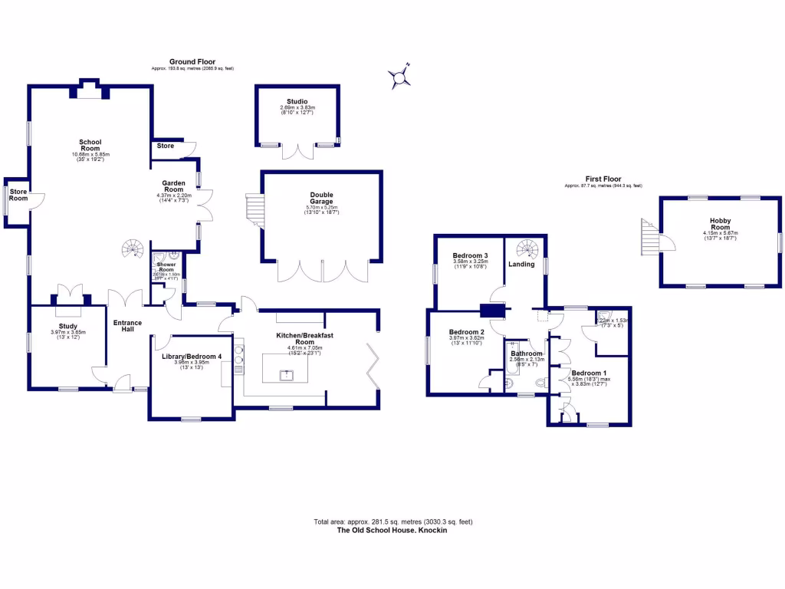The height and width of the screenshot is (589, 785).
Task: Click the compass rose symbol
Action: (x=399, y=77)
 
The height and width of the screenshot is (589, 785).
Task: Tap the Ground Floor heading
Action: (x=192, y=62)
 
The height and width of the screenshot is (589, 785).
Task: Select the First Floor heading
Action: (x=603, y=179)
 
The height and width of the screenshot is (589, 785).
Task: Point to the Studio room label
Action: (x=297, y=102)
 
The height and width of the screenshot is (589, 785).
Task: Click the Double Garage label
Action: (x=321, y=198)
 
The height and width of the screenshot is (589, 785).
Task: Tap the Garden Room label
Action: (x=173, y=187)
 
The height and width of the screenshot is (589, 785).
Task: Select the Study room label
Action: (x=67, y=326)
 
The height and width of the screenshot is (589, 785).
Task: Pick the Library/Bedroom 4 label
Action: (x=191, y=357)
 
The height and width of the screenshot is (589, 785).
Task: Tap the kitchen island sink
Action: (x=289, y=375)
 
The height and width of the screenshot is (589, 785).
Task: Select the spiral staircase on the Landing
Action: (x=527, y=248)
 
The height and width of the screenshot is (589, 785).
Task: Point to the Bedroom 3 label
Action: (x=470, y=255)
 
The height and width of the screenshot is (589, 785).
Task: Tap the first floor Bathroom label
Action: (x=527, y=354)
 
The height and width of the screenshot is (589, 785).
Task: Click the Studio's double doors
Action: (x=298, y=151)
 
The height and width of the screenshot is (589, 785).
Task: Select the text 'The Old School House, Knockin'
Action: (x=392, y=530)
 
